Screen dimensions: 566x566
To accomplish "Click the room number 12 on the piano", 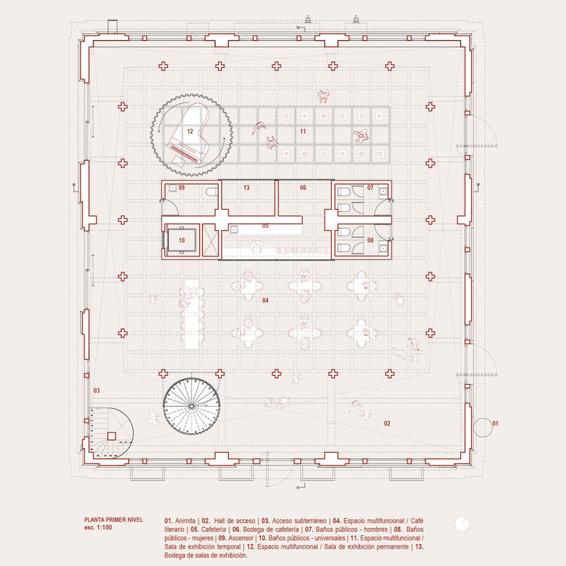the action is pyautogui.click(x=190, y=131).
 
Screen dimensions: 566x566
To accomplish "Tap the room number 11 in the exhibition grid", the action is pyautogui.click(x=303, y=131).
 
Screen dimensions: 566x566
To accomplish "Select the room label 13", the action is pyautogui.click(x=247, y=188).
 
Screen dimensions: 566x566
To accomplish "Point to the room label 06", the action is pyautogui.click(x=303, y=188).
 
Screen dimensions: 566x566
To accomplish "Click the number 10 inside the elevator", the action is pyautogui.click(x=182, y=241).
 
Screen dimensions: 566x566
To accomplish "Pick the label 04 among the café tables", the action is pyautogui.click(x=266, y=300).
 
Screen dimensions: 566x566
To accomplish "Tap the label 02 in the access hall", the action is pyautogui.click(x=387, y=423).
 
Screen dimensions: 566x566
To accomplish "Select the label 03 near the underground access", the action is pyautogui.click(x=97, y=391).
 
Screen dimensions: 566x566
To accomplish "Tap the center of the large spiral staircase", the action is pyautogui.click(x=192, y=406).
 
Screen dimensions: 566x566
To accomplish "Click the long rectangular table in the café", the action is pyautogui.click(x=192, y=315).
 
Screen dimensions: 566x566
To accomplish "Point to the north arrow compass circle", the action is pyautogui.click(x=462, y=524).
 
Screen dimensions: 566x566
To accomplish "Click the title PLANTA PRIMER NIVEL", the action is pyautogui.click(x=114, y=520).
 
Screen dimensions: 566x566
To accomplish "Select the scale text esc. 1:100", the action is pyautogui.click(x=98, y=528).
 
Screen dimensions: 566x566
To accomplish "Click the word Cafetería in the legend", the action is pyautogui.click(x=214, y=530).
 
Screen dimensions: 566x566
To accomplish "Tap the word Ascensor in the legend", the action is pyautogui.click(x=241, y=538).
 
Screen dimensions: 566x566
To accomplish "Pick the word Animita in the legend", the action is pyautogui.click(x=185, y=521).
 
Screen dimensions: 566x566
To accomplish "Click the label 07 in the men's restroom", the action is pyautogui.click(x=371, y=188).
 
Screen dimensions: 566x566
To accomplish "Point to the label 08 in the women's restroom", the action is pyautogui.click(x=371, y=241).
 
